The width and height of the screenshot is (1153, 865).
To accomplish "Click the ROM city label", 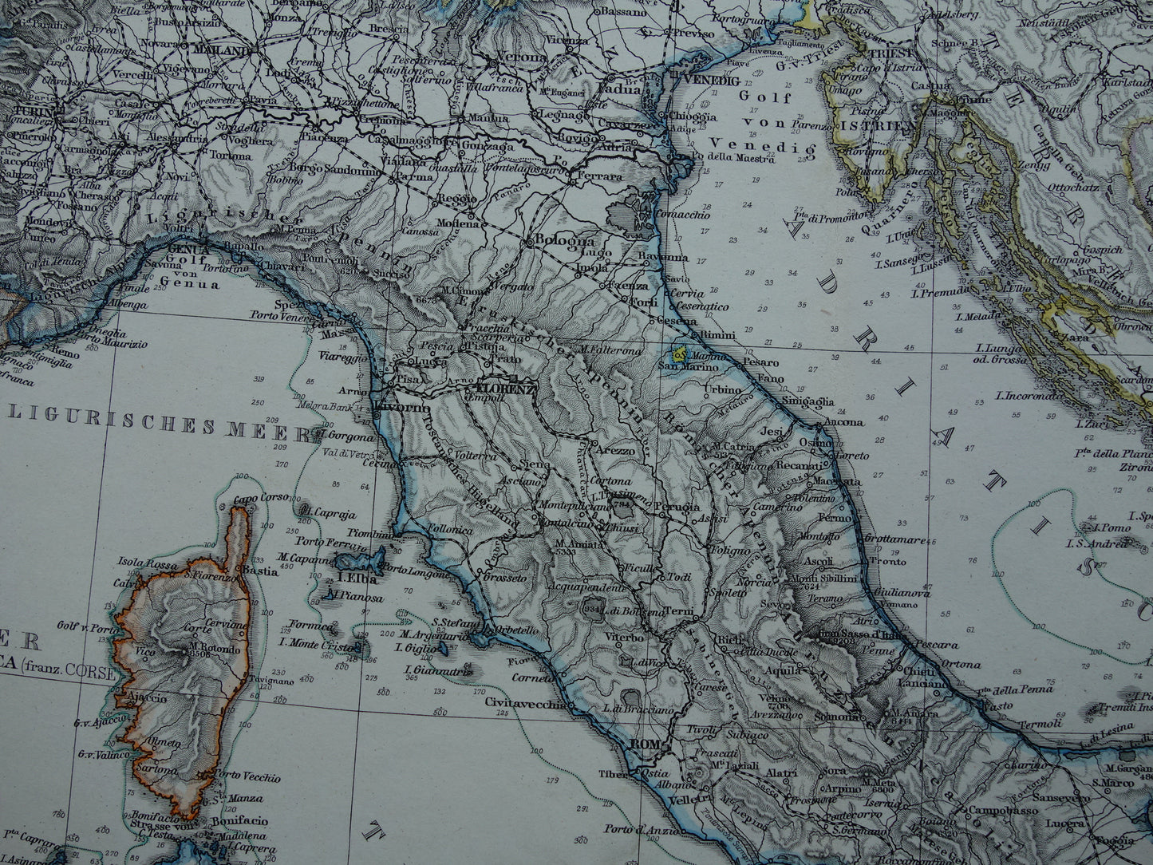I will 642,745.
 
